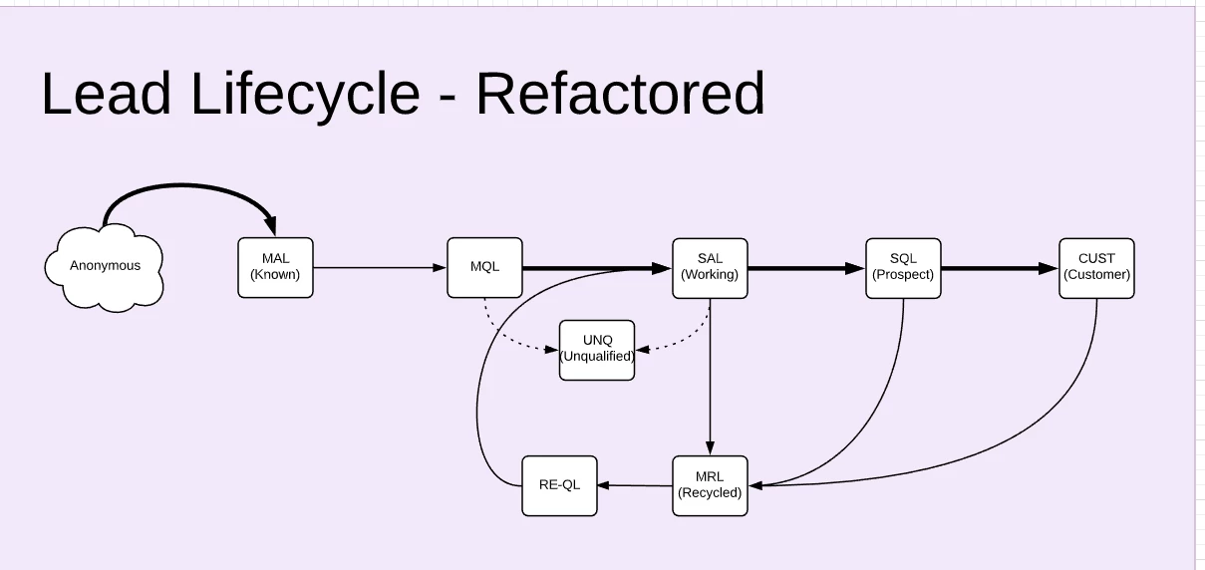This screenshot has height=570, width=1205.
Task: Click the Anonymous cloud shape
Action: (x=105, y=267)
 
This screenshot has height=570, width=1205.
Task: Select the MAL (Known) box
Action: (x=275, y=267)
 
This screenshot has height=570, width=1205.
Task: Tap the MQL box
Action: (x=484, y=267)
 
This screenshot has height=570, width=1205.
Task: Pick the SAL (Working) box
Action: (x=710, y=268)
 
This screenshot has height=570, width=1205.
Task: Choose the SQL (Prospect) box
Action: (x=903, y=268)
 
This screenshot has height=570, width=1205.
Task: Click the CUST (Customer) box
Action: (x=1097, y=268)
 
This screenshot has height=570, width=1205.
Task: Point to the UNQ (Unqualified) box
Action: (x=597, y=350)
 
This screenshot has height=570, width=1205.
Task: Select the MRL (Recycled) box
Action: (x=710, y=485)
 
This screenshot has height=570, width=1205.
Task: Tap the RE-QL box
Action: (x=559, y=485)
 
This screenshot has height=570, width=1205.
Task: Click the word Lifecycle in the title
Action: (x=305, y=94)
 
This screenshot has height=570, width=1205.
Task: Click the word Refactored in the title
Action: (x=620, y=93)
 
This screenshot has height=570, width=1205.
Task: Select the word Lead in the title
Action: (x=106, y=93)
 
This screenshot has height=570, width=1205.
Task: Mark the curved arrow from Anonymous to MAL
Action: (x=185, y=185)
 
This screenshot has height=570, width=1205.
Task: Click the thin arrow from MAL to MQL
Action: (x=380, y=267)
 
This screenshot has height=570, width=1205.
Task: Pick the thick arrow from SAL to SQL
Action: (x=806, y=268)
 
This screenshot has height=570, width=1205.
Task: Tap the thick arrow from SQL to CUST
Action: (x=1000, y=268)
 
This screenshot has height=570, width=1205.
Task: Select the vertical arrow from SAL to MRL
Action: (x=710, y=377)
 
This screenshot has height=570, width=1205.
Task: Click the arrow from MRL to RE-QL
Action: (x=635, y=485)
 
